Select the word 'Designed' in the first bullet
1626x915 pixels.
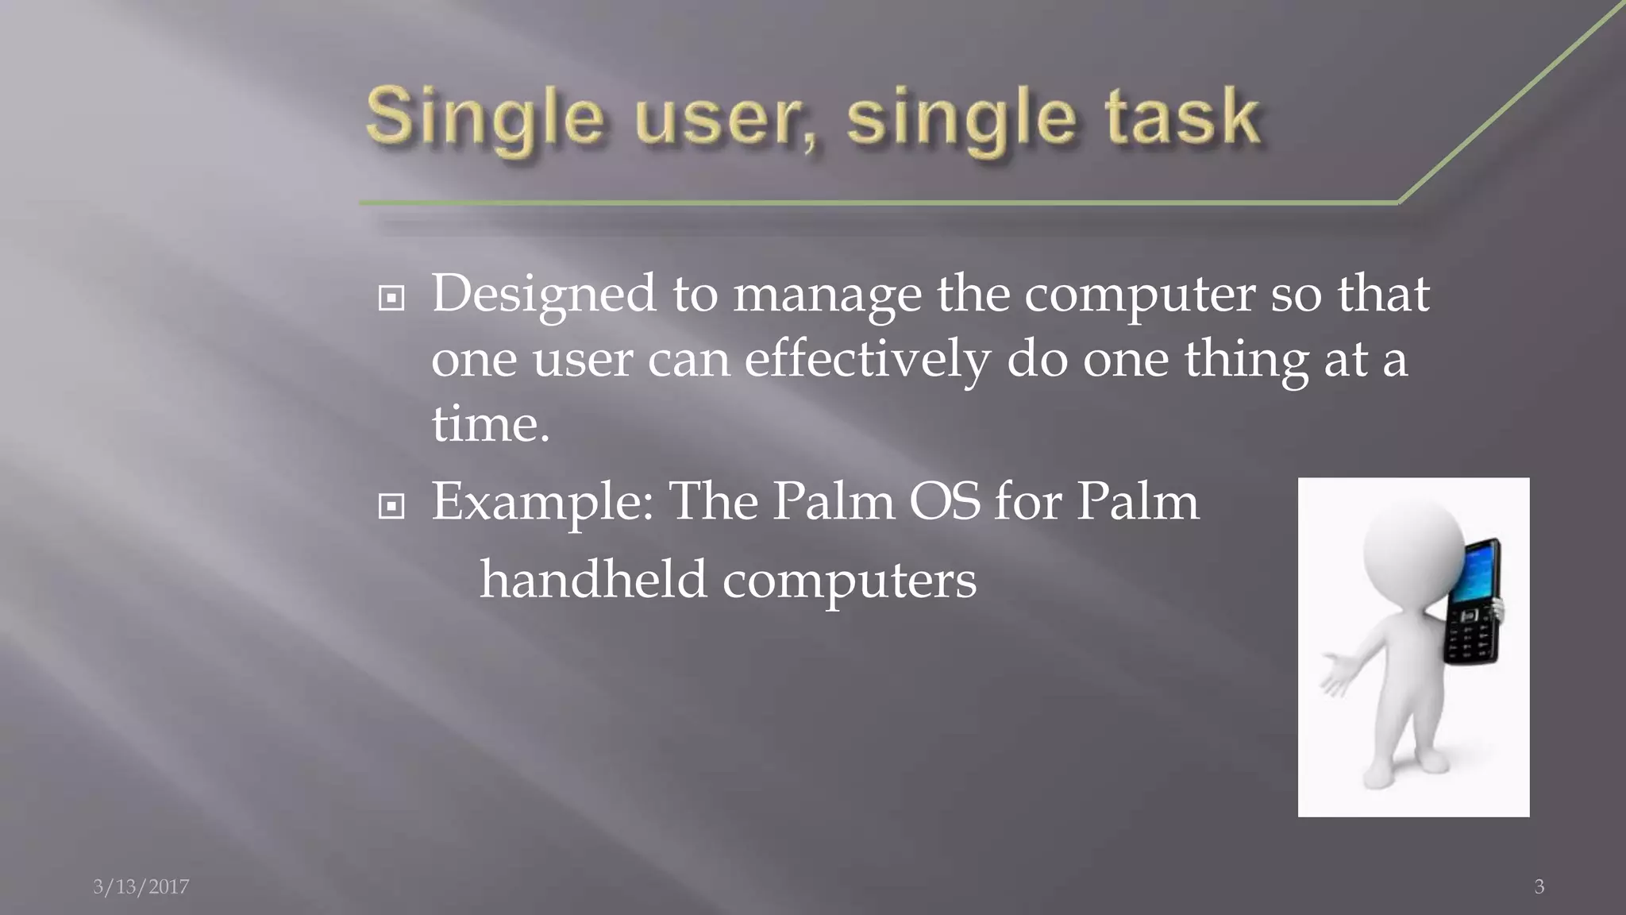coord(543,295)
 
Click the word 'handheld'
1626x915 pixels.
coord(592,579)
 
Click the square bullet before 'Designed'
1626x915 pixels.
coord(391,299)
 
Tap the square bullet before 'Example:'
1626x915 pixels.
coord(391,506)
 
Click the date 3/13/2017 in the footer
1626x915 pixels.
coord(141,886)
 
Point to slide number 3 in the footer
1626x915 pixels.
coord(1539,886)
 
